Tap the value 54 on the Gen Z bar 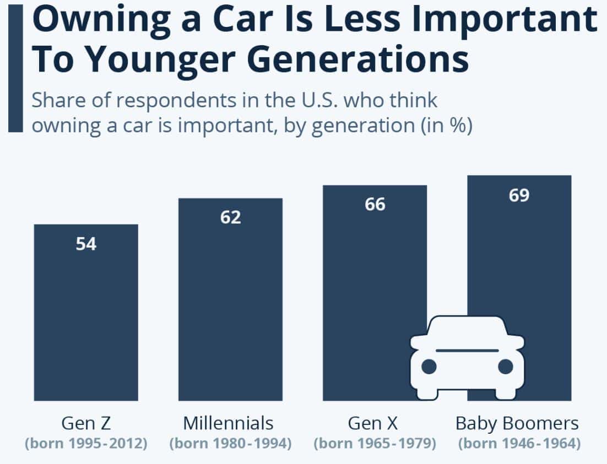[86, 244]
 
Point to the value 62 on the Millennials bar [230, 217]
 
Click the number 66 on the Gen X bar [375, 205]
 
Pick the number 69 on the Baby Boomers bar [519, 195]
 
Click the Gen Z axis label [86, 423]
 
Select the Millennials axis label [228, 423]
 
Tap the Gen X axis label [373, 423]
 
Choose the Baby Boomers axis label [517, 423]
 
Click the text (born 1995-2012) [86, 444]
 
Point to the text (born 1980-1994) [230, 444]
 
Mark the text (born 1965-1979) [375, 444]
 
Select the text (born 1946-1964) [519, 444]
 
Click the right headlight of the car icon [505, 366]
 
